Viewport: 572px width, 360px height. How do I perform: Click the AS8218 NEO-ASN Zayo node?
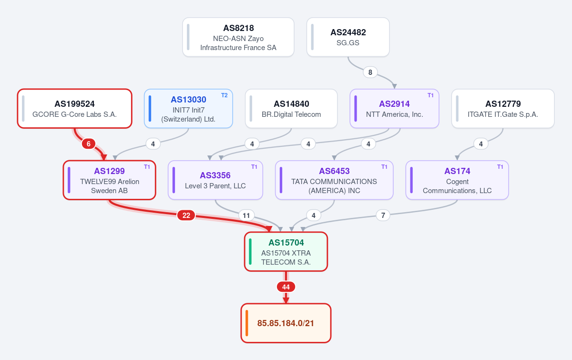pos(238,37)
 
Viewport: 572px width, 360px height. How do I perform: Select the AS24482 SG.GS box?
pos(348,37)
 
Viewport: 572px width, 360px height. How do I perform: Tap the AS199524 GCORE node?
pos(74,109)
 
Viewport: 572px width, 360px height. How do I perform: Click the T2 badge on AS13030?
pos(224,95)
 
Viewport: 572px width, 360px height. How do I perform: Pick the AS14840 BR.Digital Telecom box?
pos(291,109)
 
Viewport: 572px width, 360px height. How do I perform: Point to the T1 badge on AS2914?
pos(430,95)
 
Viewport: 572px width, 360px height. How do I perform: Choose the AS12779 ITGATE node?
pos(503,109)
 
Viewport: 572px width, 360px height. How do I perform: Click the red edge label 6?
pos(89,144)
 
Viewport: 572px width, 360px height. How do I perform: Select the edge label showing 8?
pos(370,72)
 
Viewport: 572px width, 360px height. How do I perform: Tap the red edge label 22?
pos(186,216)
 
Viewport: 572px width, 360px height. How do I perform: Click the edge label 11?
pos(246,216)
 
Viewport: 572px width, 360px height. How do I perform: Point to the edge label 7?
pos(383,216)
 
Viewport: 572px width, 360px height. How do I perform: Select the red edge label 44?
pos(286,287)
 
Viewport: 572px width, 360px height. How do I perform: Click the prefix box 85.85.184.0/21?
pos(286,323)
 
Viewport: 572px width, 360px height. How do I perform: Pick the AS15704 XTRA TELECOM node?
pos(286,252)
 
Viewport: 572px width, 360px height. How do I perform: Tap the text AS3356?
pos(215,175)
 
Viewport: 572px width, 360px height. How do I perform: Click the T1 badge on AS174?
pos(500,167)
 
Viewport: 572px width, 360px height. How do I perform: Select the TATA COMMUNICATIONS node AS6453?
pos(334,180)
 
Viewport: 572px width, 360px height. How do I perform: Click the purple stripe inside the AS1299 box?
pos(69,180)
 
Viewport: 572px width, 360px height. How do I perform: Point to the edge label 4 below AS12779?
pos(481,144)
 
